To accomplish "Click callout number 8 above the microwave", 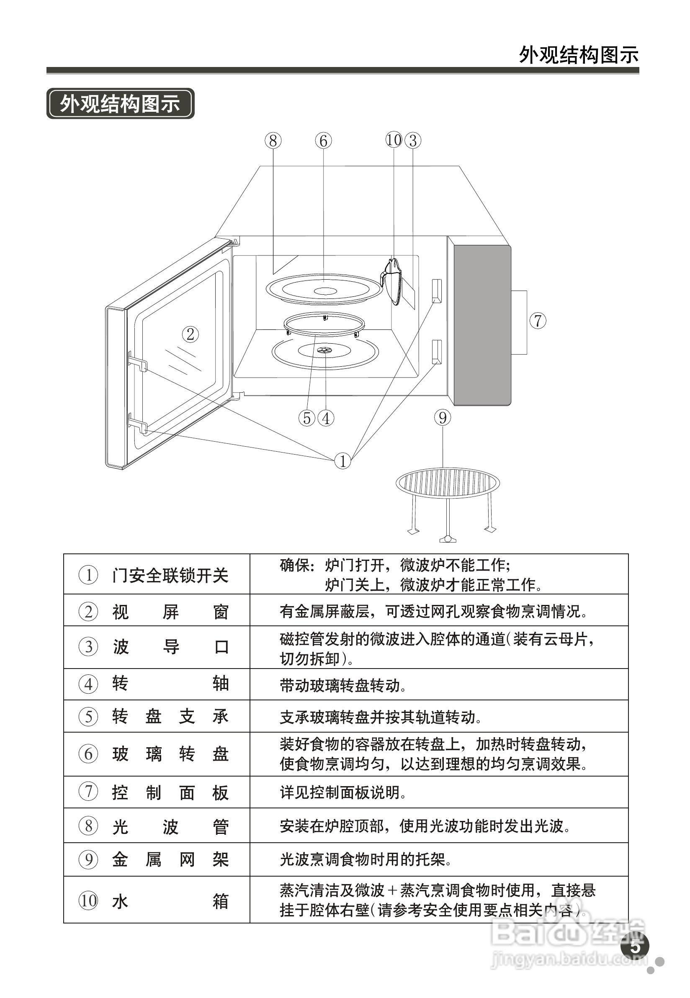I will coord(273,141).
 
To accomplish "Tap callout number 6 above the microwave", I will coord(323,141).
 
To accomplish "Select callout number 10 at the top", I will coord(394,140).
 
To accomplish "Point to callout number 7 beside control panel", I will coord(538,321).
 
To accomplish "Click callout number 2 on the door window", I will coord(190,334).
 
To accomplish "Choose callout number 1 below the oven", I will coord(342,461).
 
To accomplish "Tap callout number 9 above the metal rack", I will coord(442,417).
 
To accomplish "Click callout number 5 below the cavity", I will coord(306,418).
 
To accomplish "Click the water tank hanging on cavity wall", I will coord(393,281).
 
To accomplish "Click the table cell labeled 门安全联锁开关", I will coord(157,575).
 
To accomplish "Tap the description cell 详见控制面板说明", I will coord(439,792).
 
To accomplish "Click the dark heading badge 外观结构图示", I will coord(120,104).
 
